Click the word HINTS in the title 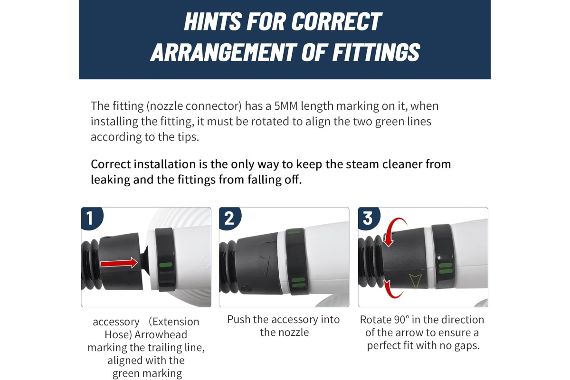coord(213,21)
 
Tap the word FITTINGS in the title coord(376,52)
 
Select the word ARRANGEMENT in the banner coord(223,52)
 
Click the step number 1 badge coord(92,218)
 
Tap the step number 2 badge coord(230,218)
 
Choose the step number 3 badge coord(369,218)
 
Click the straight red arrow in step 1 coord(119,263)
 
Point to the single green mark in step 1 coord(166,265)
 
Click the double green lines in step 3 coord(446,268)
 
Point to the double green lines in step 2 coord(298,283)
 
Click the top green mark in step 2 coord(294,232)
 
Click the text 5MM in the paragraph coord(286,106)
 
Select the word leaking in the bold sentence coord(110,180)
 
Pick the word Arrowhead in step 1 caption coord(161,334)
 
